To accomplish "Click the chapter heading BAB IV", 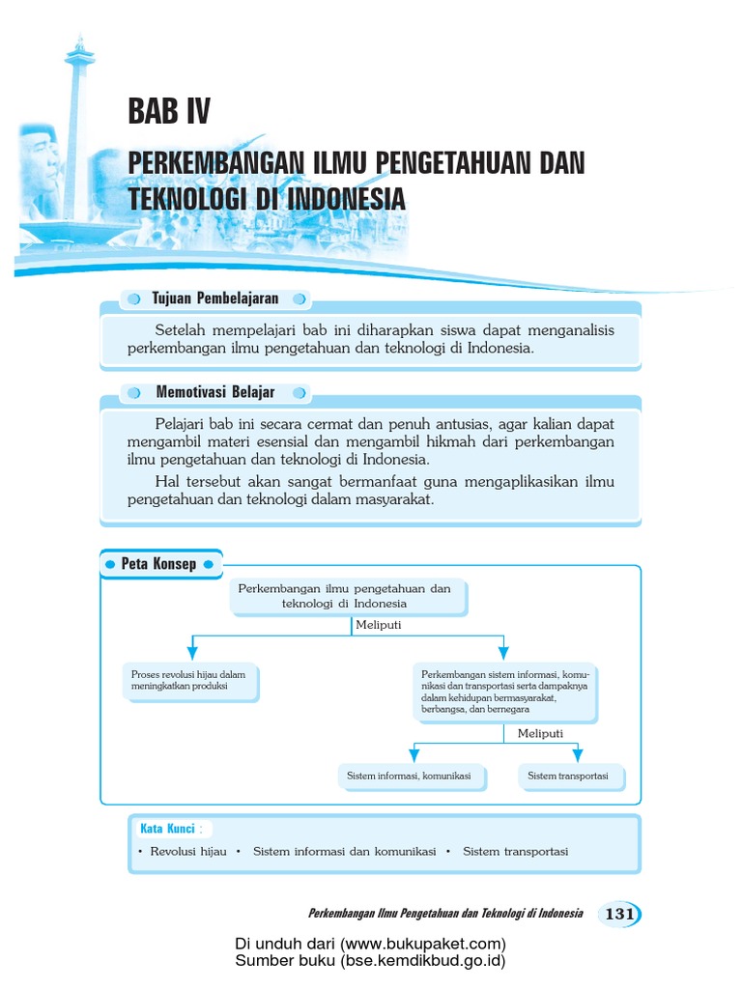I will (x=168, y=113).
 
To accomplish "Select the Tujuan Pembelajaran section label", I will (x=215, y=298).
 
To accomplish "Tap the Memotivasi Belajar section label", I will (x=214, y=392).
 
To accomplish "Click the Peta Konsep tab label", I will (x=158, y=564).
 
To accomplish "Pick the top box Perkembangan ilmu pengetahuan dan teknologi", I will (x=345, y=596).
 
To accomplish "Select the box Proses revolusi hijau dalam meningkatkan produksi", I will (x=190, y=679).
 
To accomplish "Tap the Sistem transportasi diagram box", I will (x=568, y=776).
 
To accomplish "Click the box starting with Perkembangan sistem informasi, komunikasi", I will (x=504, y=692).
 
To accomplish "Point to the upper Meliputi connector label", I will (x=378, y=625).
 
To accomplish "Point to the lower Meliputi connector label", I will (x=540, y=733).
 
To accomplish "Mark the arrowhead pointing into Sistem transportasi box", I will (x=577, y=754).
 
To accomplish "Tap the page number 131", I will (x=619, y=914).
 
